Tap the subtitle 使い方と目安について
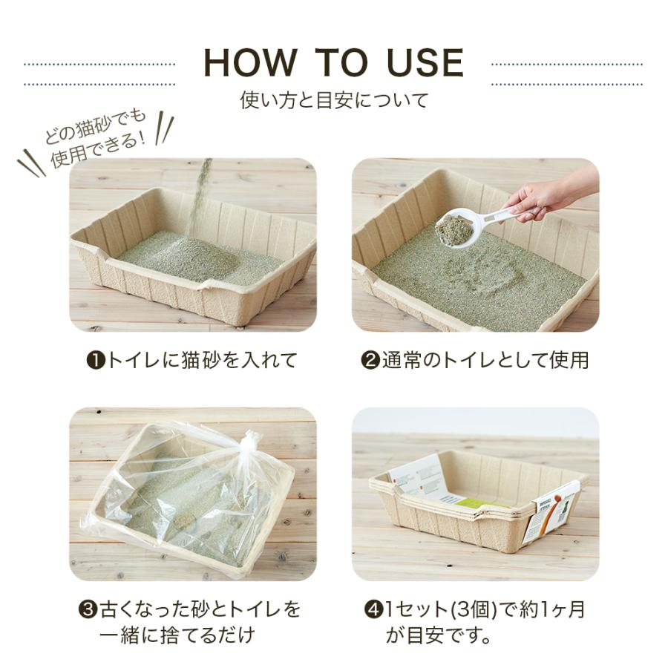coord(334,99)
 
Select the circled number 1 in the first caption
coord(95,361)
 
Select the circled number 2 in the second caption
coord(370,361)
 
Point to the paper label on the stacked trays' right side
coord(556,512)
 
